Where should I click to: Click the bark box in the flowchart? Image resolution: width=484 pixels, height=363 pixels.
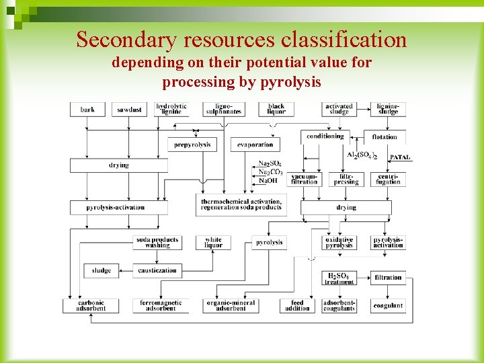(87, 110)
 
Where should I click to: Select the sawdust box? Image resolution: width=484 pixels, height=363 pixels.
(129, 110)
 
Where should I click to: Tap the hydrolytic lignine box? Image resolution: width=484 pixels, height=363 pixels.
(171, 109)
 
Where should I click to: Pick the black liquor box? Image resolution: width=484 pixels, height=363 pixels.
(276, 109)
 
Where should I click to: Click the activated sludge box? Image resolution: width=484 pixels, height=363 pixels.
(339, 109)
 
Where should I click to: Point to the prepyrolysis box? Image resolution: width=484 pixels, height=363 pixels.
(192, 145)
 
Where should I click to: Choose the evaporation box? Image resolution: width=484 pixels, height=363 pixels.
(255, 145)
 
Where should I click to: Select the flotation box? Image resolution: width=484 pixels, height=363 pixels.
(385, 137)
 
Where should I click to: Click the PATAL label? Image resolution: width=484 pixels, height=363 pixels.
(400, 157)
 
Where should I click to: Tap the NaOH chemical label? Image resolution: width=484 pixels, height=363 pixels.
(270, 180)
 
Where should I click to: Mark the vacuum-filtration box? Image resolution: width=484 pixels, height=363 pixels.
(304, 179)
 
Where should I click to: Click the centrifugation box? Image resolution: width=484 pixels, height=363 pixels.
(389, 179)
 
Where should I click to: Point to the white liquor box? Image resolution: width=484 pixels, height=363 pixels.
(213, 243)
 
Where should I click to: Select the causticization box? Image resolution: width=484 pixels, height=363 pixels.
(157, 271)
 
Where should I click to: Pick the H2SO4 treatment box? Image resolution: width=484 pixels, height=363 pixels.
(339, 278)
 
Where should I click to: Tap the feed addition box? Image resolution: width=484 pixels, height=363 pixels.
(297, 306)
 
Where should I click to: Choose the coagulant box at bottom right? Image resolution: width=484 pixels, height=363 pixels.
(389, 306)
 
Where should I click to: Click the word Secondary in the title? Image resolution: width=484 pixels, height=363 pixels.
(126, 40)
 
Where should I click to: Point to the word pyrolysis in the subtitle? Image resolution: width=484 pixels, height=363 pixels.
(292, 83)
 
